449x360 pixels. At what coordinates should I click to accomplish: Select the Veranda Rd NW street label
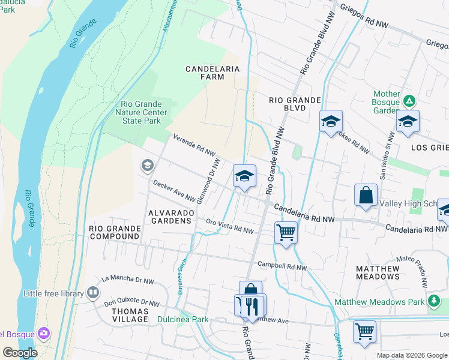pyautogui.click(x=194, y=145)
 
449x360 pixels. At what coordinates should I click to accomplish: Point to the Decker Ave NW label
pyautogui.click(x=174, y=190)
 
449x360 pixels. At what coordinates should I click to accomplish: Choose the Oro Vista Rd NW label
pyautogui.click(x=230, y=226)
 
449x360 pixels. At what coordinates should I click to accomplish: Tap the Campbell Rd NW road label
pyautogui.click(x=282, y=266)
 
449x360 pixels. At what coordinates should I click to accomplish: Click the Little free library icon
pyautogui.click(x=92, y=293)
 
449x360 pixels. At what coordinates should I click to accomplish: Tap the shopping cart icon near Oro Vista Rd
pyautogui.click(x=286, y=231)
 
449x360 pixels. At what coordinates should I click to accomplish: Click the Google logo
pyautogui.click(x=20, y=352)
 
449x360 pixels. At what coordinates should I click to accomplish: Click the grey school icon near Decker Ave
pyautogui.click(x=146, y=165)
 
